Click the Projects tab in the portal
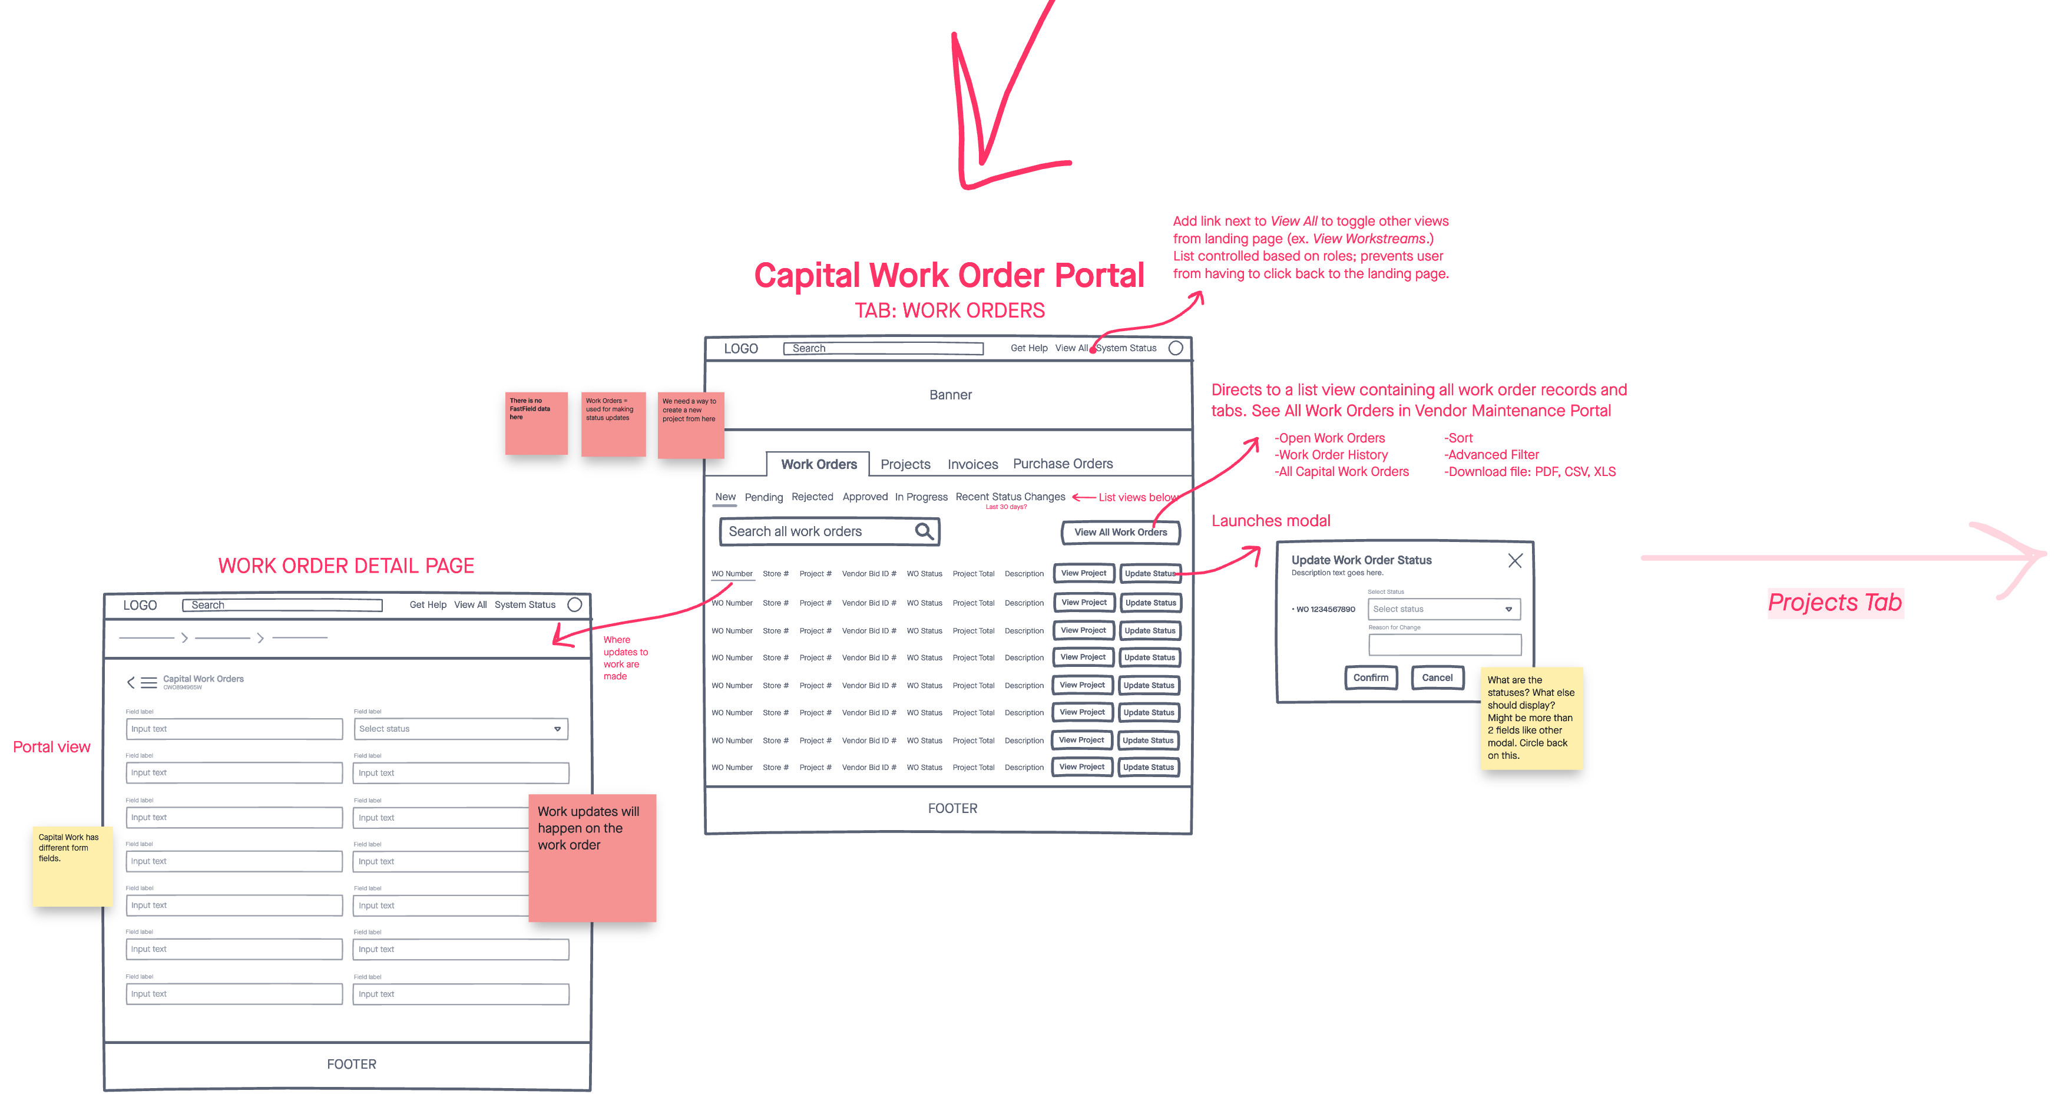tap(905, 464)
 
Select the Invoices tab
tap(972, 464)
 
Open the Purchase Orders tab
tap(1062, 463)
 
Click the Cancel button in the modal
tap(1436, 677)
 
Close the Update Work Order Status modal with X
tap(1514, 560)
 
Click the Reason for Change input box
tap(1444, 644)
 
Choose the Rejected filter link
tap(812, 497)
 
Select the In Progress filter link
tap(921, 497)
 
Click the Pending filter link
tap(763, 497)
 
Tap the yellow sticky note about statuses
tap(1530, 717)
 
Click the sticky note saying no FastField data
tap(535, 422)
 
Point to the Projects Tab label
tap(1834, 602)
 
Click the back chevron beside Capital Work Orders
tap(131, 683)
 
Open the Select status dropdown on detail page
tap(460, 728)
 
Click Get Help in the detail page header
tap(427, 604)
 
